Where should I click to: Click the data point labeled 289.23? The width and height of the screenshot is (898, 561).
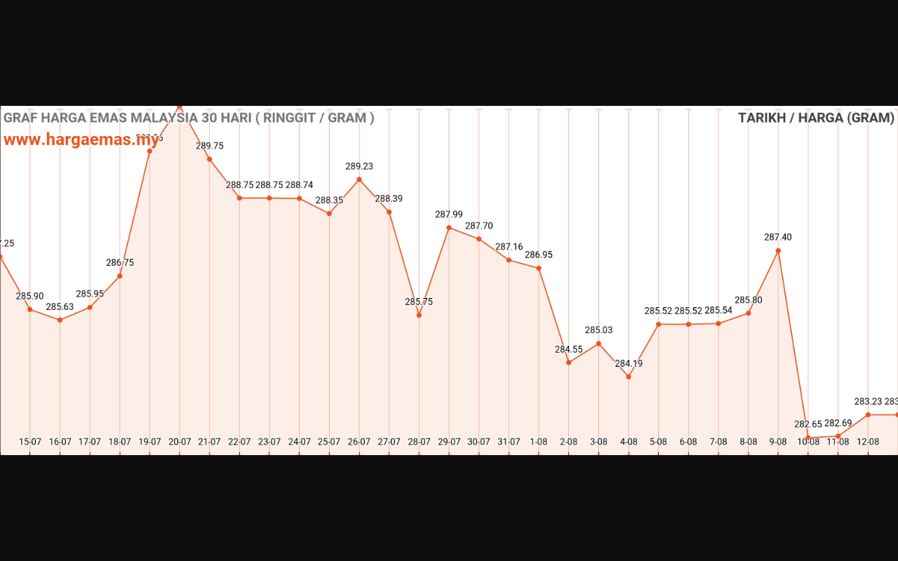pos(359,180)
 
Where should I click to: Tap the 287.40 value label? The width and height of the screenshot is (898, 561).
pos(778,238)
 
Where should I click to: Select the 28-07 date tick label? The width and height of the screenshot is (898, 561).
pos(419,442)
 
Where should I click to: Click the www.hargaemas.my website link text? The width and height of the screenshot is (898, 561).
pos(81,139)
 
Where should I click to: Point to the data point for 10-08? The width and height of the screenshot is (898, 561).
pos(808,438)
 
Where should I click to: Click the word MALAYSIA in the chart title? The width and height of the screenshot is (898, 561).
pos(164,118)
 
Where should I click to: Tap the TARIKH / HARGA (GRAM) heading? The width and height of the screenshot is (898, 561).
pos(816,118)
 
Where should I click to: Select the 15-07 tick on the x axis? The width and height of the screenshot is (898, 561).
pos(30,442)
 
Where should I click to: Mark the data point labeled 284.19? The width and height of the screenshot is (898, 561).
pos(629,377)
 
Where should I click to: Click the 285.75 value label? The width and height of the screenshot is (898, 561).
pos(419,302)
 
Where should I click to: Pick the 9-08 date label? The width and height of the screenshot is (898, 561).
pos(778,442)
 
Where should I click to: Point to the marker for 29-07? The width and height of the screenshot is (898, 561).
pos(449,228)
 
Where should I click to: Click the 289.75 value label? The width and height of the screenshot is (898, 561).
pos(210,146)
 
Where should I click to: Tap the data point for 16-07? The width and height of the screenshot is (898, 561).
pos(60,320)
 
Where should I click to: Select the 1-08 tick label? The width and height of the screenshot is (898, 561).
pos(539,442)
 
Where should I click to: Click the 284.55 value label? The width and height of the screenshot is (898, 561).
pos(569,349)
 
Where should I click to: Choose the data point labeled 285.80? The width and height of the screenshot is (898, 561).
pos(749,313)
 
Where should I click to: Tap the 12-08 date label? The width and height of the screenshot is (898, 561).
pos(868,442)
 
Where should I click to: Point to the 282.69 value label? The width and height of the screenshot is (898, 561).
pos(838,424)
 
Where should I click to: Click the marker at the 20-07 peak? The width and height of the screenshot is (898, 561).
pos(180,107)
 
